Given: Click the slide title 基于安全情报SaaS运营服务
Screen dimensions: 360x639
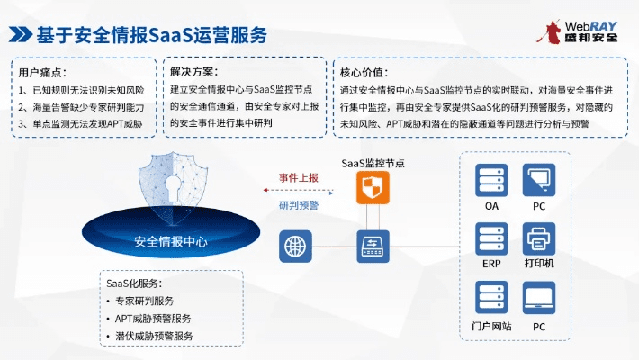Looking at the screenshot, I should (151, 34).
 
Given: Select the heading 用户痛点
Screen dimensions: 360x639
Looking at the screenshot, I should (42, 72).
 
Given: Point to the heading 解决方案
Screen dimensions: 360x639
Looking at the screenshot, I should (194, 72).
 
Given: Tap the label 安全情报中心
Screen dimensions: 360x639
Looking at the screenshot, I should (170, 241).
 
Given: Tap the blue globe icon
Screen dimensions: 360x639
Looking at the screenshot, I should (293, 245).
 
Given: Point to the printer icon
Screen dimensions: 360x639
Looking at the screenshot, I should (538, 240).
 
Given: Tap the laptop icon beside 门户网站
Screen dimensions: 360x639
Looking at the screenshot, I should (538, 299).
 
